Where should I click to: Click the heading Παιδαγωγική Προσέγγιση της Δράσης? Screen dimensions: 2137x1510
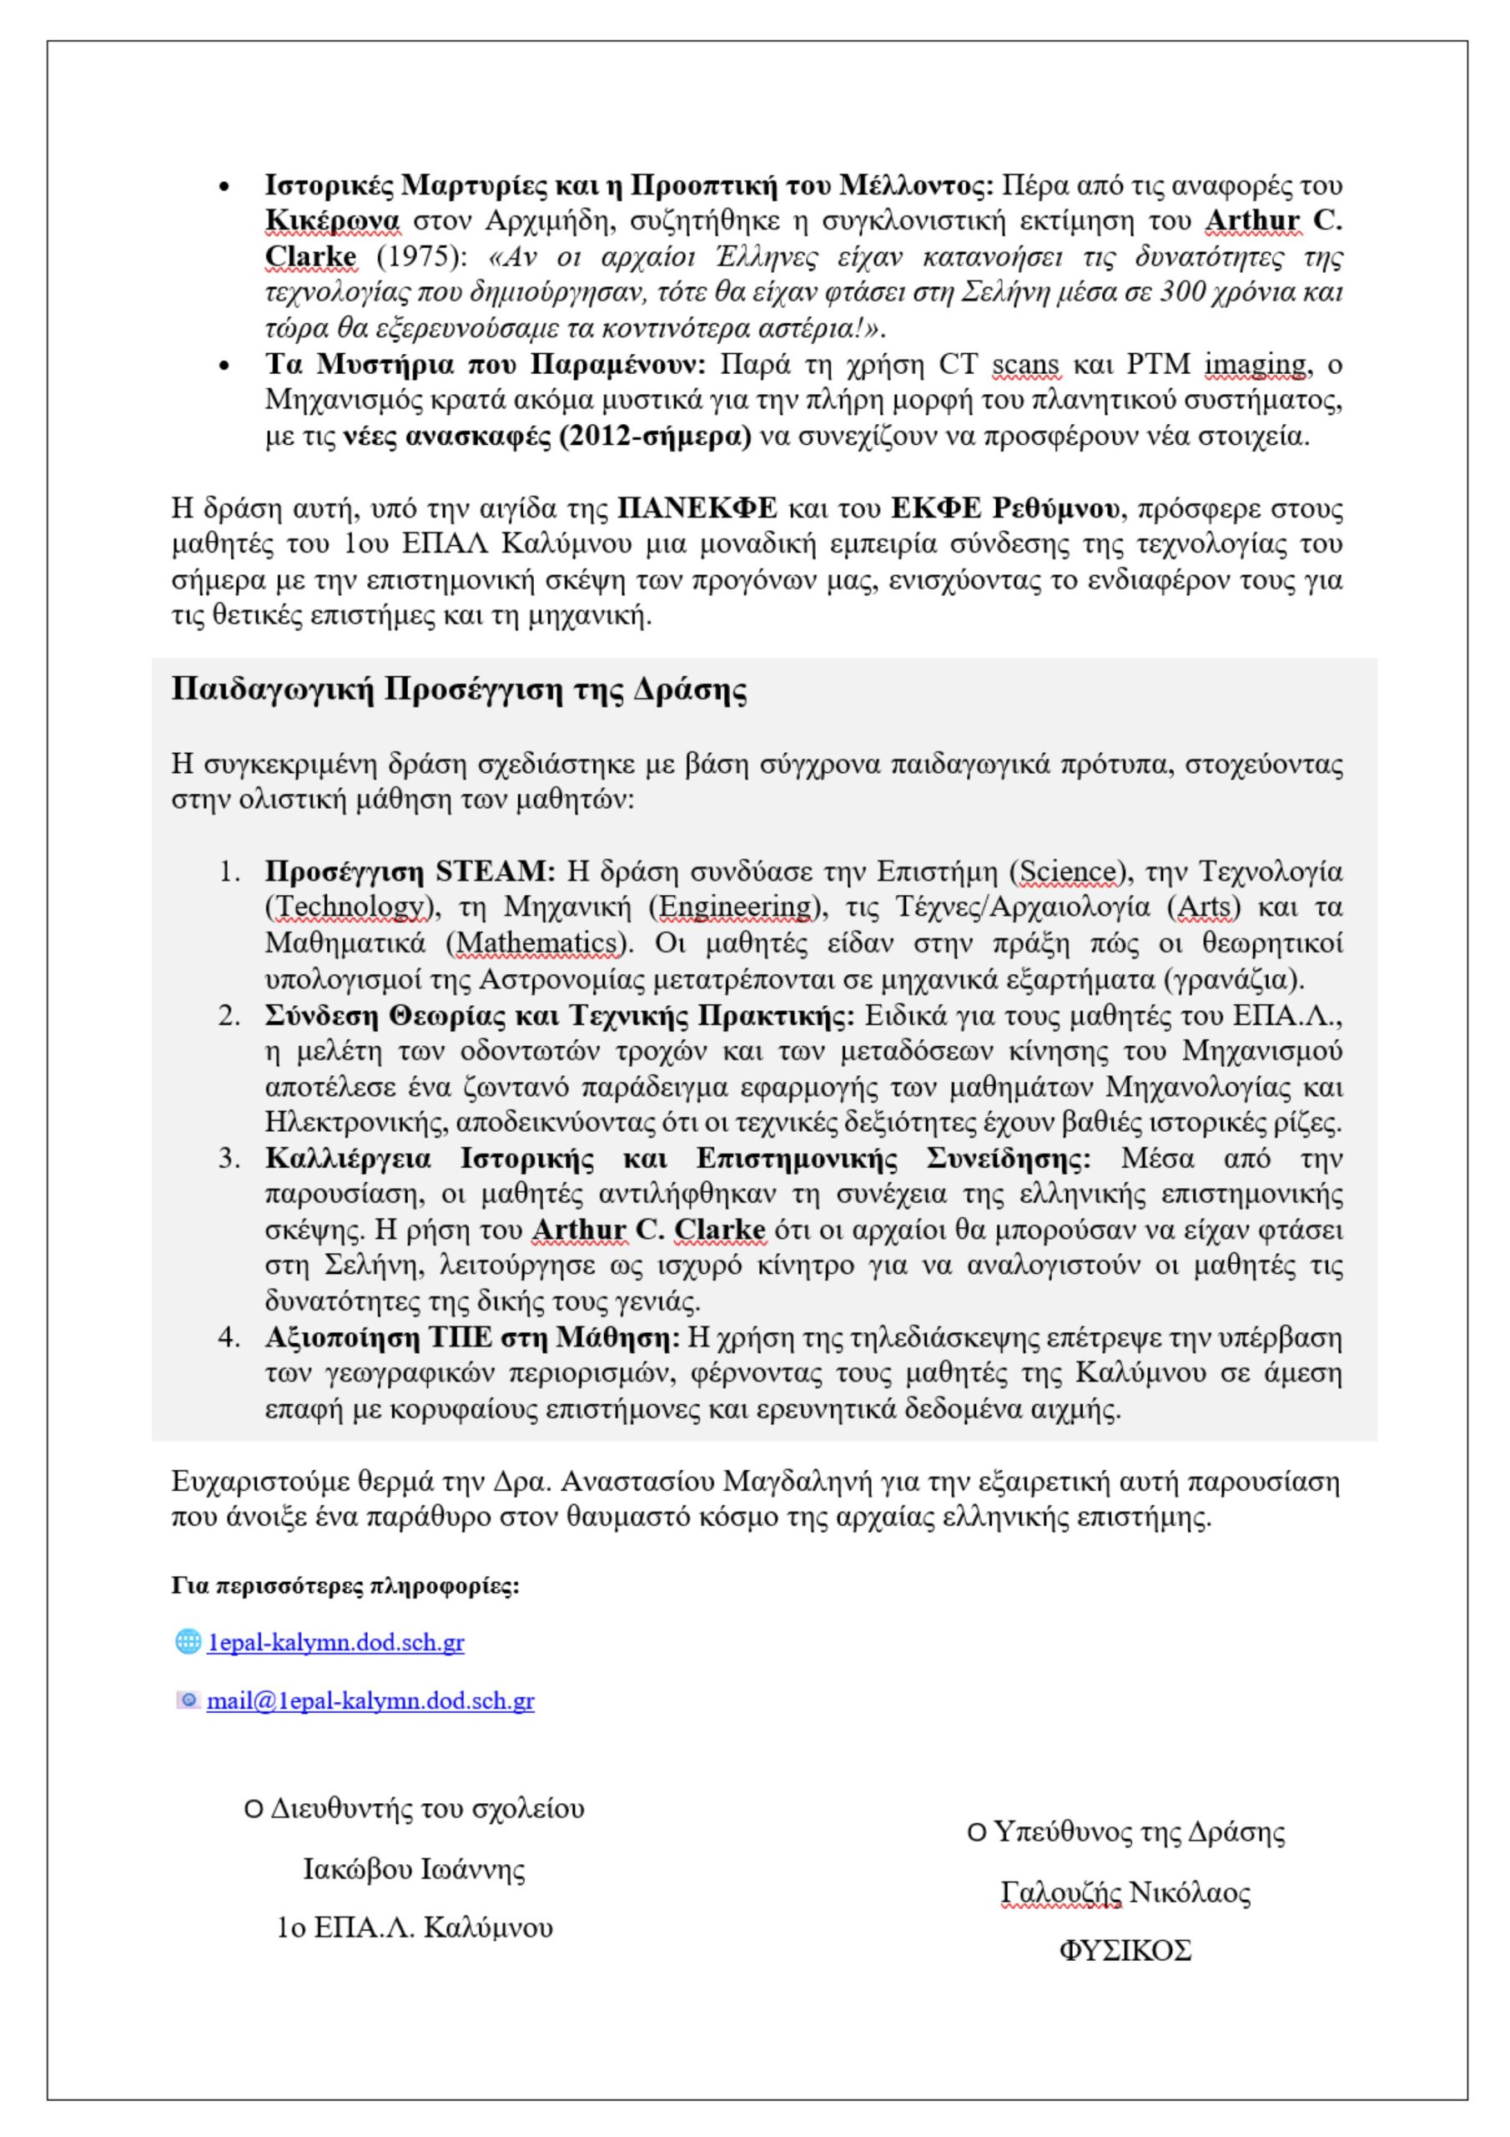459,690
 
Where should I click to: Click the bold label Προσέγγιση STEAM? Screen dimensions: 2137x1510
410,872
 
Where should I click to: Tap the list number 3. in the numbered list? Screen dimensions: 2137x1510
229,1159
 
